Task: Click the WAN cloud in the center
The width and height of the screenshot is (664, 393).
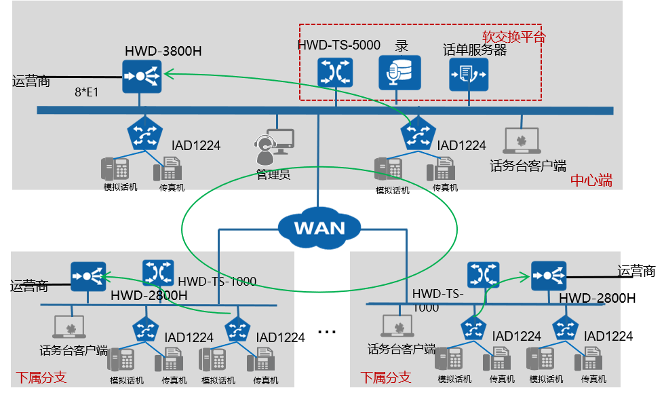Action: (x=319, y=227)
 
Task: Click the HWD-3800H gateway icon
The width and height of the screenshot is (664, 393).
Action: (x=141, y=76)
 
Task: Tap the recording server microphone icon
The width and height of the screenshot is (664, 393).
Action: (x=399, y=73)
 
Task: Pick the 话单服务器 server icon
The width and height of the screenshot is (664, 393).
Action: (x=468, y=74)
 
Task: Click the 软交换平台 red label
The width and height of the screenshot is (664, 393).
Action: (x=513, y=37)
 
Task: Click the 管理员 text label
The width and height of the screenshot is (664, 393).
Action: (x=273, y=174)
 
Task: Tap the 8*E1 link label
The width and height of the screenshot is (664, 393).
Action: (x=86, y=92)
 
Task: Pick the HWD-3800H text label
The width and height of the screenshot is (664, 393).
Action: (x=163, y=52)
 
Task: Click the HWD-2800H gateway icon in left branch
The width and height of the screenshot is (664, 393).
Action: (x=88, y=276)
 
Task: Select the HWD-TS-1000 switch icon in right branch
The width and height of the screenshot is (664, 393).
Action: (x=484, y=276)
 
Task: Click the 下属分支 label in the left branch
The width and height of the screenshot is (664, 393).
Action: (x=41, y=377)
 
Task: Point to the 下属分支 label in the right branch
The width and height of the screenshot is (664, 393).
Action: (x=385, y=377)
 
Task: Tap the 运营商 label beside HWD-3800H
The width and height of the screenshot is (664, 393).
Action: (x=31, y=81)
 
